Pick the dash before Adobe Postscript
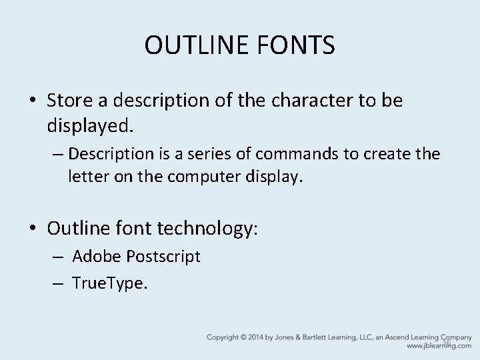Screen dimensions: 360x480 [x=59, y=257]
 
